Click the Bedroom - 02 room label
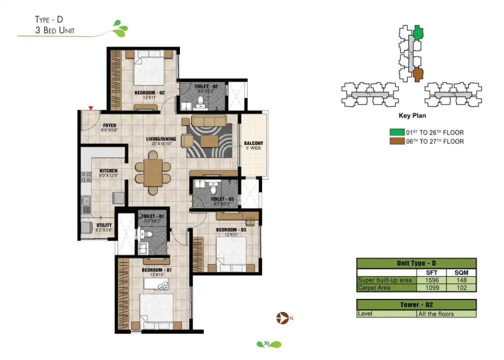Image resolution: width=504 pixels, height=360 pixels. click(149, 93)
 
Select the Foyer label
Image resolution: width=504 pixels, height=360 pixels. click(110, 125)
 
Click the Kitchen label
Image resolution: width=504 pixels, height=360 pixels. click(108, 171)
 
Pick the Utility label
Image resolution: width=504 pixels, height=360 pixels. click(104, 225)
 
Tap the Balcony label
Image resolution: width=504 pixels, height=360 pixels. click(253, 144)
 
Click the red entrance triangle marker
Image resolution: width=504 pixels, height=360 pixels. click(90, 107)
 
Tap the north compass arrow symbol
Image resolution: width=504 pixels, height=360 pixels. click(281, 317)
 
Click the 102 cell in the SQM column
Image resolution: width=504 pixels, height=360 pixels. click(461, 288)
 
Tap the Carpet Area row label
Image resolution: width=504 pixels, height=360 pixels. click(373, 288)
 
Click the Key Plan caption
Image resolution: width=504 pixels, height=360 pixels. click(411, 116)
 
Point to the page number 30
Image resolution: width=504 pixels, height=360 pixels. click(266, 343)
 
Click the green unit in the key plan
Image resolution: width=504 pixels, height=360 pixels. click(418, 33)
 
